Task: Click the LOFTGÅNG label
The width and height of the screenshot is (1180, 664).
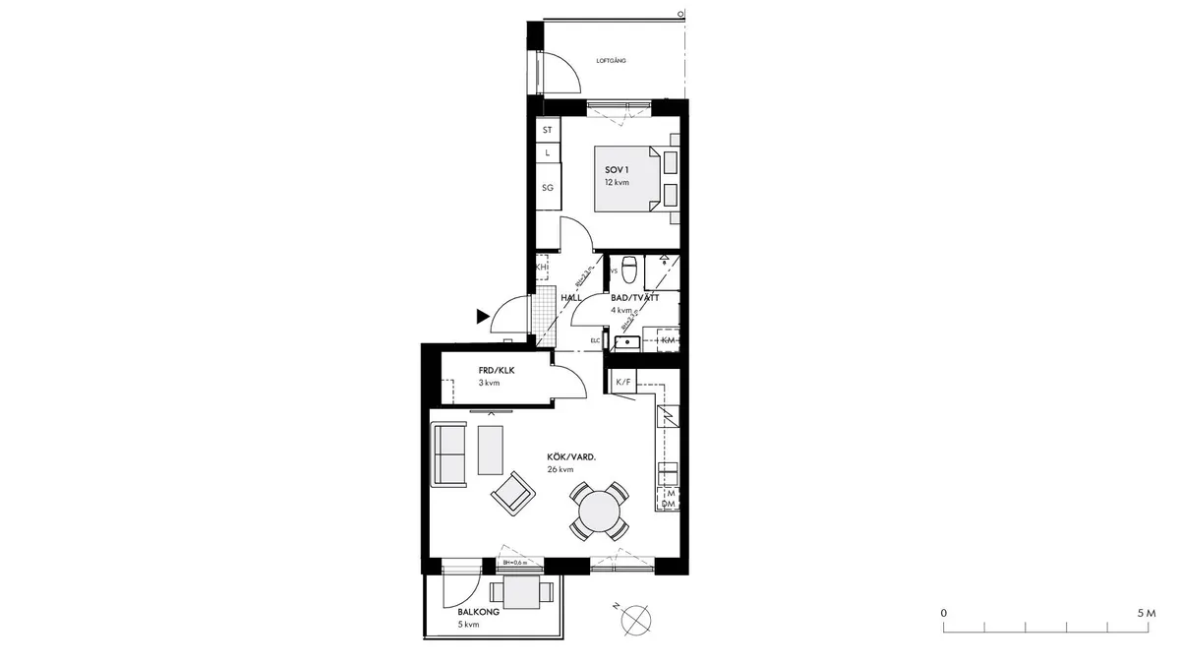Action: (611, 61)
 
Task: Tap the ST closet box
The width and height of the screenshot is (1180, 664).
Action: (548, 130)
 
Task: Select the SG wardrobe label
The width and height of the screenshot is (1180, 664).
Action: (548, 187)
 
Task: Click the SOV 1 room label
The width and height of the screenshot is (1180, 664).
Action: (617, 170)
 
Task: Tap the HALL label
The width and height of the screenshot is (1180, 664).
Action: (570, 297)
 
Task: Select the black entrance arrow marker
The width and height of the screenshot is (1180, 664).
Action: (482, 316)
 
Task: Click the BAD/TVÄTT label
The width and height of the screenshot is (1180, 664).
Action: (634, 296)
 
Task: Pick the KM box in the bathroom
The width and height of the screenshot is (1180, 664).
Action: (668, 339)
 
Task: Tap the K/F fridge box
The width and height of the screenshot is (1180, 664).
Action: (622, 382)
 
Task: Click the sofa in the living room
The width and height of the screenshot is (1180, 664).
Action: (449, 453)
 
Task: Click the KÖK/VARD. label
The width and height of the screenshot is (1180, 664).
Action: (572, 457)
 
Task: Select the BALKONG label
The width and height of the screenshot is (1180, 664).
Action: (479, 612)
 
